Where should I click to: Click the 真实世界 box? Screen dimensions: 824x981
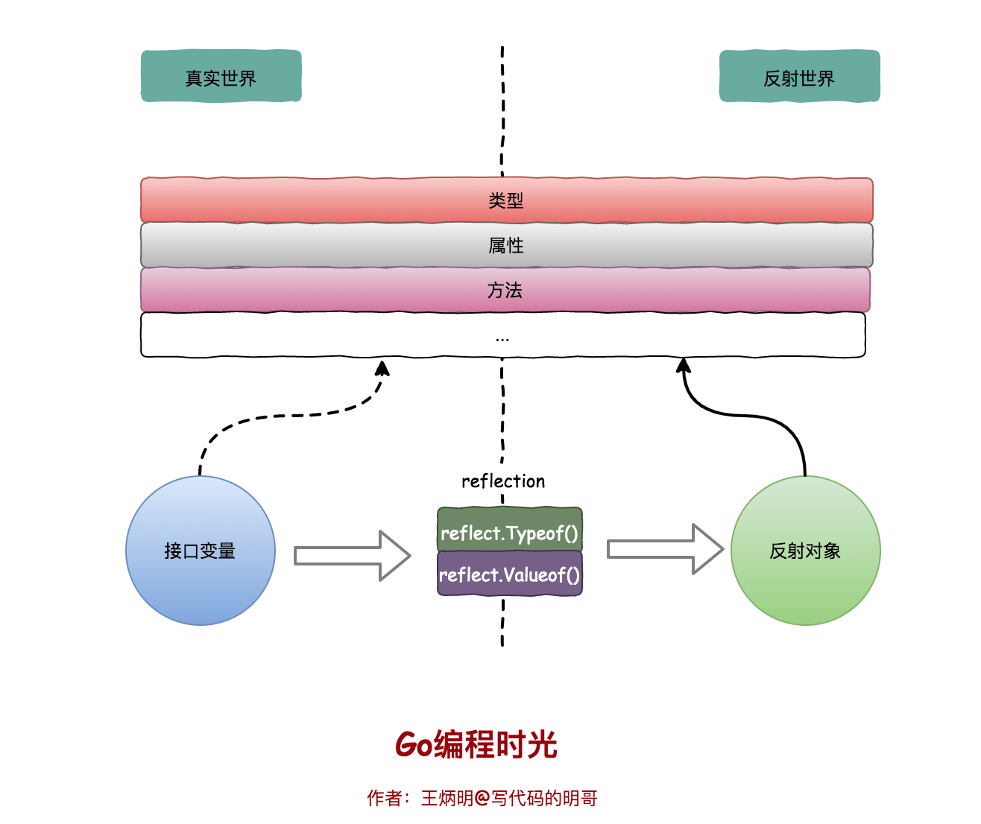click(221, 77)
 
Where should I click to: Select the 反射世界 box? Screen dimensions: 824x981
click(799, 77)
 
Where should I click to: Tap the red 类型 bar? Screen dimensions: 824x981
click(506, 200)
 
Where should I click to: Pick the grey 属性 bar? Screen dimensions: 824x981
click(506, 245)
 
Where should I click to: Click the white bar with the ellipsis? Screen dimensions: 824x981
click(502, 335)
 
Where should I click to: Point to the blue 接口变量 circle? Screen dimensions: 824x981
click(200, 551)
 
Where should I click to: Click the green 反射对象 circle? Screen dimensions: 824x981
click(805, 551)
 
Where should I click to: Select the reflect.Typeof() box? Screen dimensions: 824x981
click(509, 530)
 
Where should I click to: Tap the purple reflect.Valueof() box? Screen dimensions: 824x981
click(509, 574)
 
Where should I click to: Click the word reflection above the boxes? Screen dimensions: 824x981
click(503, 481)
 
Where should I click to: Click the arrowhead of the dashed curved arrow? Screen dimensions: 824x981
click(382, 368)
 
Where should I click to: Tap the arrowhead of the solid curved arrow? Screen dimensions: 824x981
click(683, 365)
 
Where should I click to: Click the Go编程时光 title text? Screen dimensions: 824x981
click(476, 744)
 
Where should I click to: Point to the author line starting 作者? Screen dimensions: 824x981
click(482, 798)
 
